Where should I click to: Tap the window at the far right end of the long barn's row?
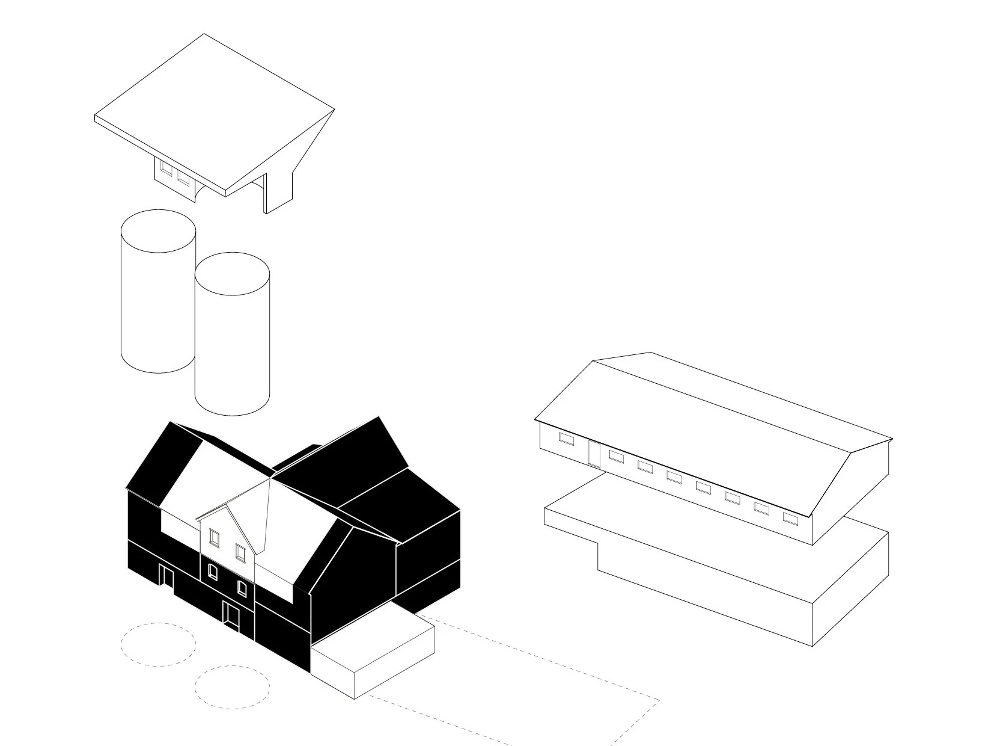click(790, 518)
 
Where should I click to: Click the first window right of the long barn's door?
click(615, 456)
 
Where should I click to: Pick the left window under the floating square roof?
click(166, 169)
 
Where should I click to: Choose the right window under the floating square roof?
click(183, 178)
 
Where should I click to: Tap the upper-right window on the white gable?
click(240, 551)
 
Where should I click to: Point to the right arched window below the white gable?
click(242, 587)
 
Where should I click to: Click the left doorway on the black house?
click(166, 576)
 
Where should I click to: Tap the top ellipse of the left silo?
click(158, 231)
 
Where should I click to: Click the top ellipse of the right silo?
click(232, 274)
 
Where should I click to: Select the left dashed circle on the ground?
click(158, 644)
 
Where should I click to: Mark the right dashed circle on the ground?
click(232, 686)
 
